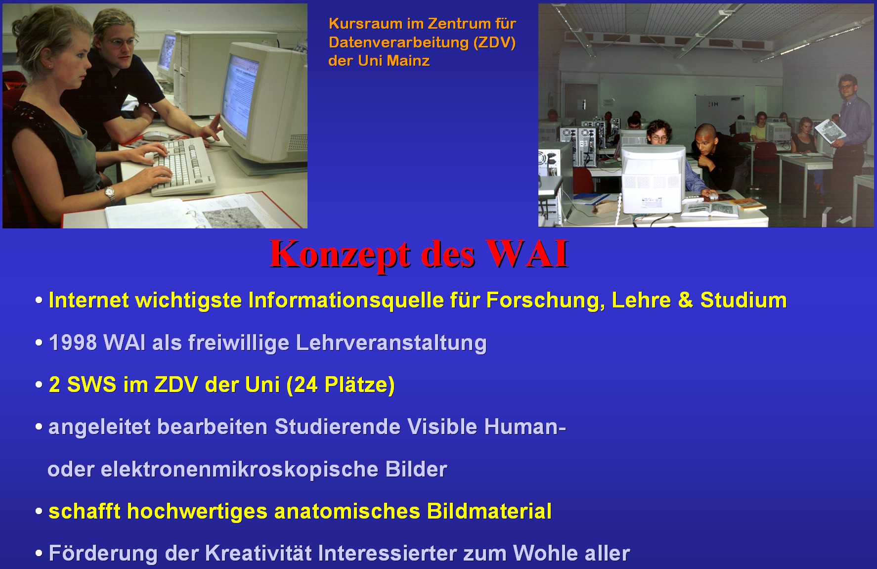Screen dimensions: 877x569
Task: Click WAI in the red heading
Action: [x=527, y=254]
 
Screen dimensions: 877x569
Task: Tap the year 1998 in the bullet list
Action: [x=73, y=343]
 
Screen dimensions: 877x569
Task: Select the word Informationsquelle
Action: [x=346, y=301]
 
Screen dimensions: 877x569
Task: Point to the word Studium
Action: [x=744, y=300]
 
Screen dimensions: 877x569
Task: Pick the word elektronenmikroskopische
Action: [x=239, y=469]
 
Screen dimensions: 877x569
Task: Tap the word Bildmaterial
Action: [x=489, y=511]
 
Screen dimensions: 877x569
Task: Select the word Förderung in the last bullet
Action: [x=103, y=554]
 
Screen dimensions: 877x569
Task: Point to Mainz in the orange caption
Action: [x=408, y=61]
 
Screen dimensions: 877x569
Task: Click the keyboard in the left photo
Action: [x=183, y=166]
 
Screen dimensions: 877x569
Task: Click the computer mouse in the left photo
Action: [x=155, y=134]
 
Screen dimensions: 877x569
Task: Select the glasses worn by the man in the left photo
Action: [x=123, y=43]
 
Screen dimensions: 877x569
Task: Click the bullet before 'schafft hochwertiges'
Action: [x=39, y=512]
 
